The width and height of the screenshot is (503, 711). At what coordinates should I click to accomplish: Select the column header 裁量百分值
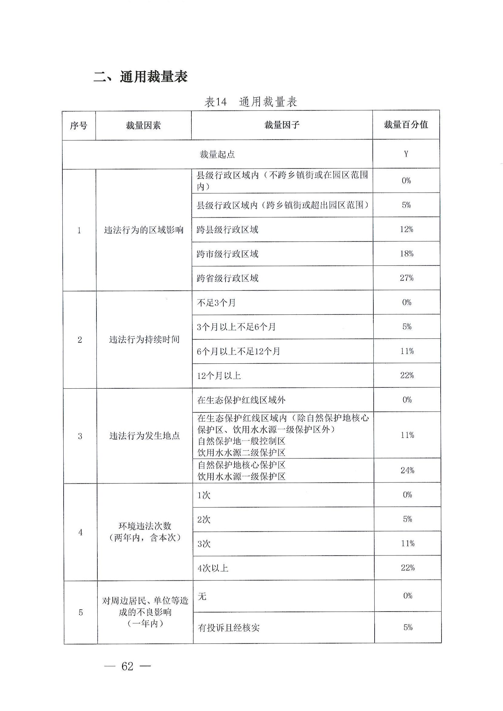[x=406, y=125]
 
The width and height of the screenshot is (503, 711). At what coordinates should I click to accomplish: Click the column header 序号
[x=79, y=126]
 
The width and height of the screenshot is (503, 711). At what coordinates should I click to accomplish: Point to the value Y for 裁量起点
[x=406, y=154]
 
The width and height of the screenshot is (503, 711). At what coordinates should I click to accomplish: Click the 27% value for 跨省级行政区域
[x=406, y=278]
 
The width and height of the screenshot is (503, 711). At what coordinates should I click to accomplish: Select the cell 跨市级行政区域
[x=227, y=254]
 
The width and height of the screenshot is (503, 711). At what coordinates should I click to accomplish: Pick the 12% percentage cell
[x=406, y=229]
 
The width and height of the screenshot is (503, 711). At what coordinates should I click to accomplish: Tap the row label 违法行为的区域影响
[x=144, y=230]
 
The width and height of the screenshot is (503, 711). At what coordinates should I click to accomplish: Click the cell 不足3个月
[x=216, y=303]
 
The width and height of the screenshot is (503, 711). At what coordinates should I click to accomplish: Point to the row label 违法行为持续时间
[x=144, y=340]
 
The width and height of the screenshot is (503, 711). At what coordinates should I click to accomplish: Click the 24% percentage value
[x=407, y=470]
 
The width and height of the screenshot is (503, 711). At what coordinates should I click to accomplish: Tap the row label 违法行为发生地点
[x=144, y=436]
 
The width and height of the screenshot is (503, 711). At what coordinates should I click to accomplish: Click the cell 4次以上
[x=213, y=568]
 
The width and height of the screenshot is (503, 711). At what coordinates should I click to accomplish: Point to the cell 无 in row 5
[x=202, y=596]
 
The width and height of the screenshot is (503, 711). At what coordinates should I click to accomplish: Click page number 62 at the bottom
[x=127, y=666]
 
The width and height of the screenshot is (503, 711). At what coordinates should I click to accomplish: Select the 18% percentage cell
[x=406, y=254]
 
